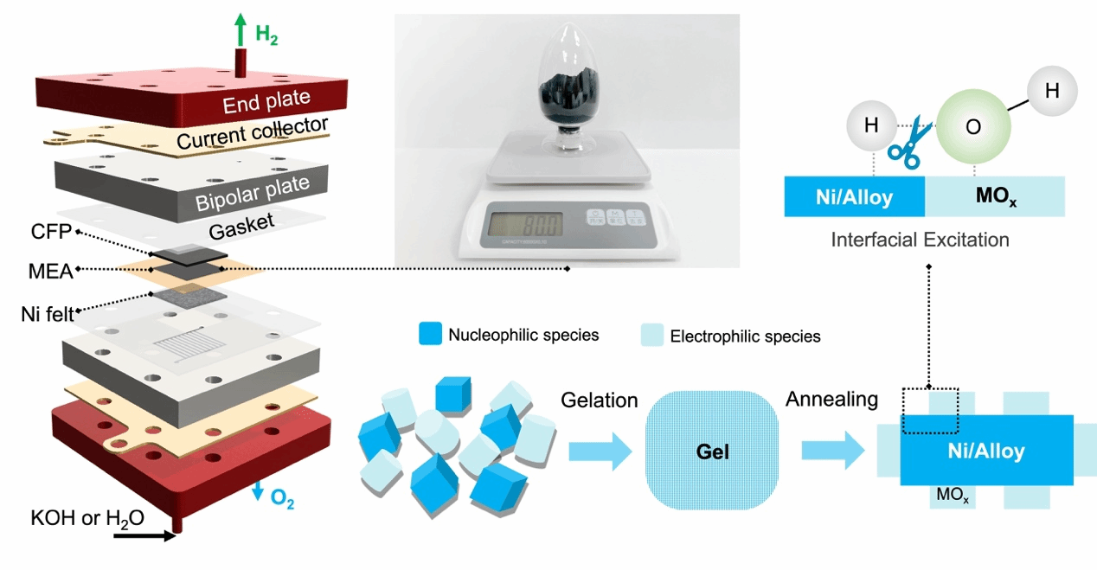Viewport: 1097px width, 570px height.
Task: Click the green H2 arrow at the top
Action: tap(240, 32)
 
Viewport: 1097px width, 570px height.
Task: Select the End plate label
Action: tap(266, 104)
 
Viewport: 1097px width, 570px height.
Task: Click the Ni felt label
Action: tap(48, 312)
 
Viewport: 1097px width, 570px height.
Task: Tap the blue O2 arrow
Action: tap(258, 490)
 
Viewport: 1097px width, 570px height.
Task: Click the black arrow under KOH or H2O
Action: tap(142, 535)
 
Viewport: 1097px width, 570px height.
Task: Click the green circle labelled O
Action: tap(973, 125)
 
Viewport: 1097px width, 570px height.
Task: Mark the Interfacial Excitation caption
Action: tap(920, 239)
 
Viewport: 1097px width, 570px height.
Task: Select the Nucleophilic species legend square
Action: tap(431, 335)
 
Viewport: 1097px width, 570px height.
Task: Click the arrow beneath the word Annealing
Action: tap(833, 451)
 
